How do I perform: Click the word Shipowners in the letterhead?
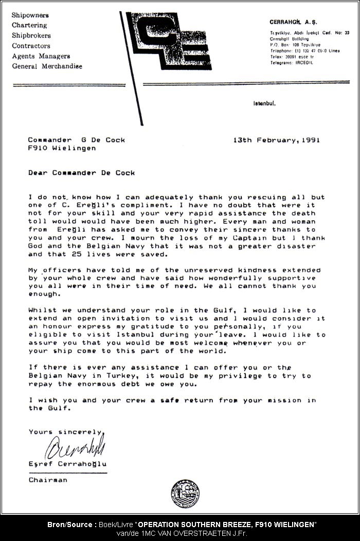click(30, 15)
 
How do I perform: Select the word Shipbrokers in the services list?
click(31, 36)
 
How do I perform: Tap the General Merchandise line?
click(47, 66)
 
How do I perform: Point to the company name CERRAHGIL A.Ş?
click(291, 22)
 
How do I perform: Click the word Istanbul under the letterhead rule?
click(264, 103)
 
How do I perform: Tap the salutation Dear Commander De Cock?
click(81, 173)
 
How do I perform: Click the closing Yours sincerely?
click(65, 432)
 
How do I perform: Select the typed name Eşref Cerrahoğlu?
click(67, 464)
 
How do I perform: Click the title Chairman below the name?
click(48, 480)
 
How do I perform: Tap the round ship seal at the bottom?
click(185, 494)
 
